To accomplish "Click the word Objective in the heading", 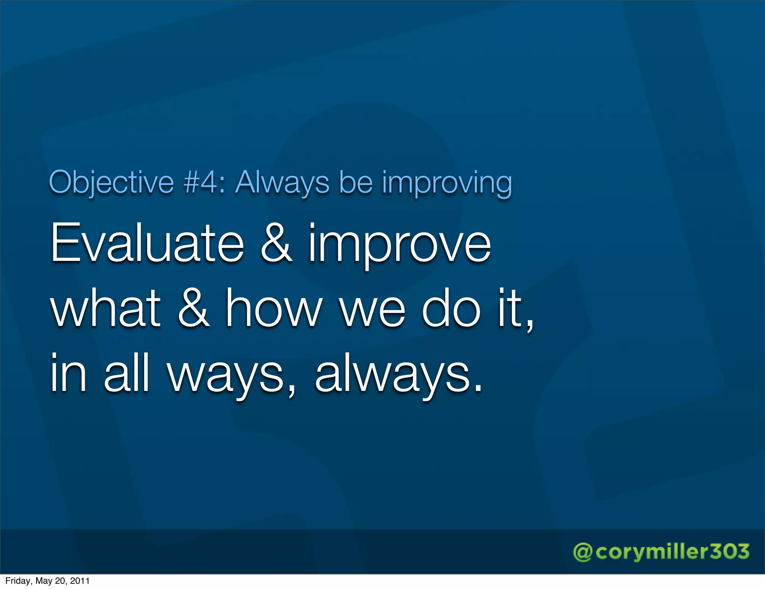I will (111, 182).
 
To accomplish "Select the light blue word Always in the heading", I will (282, 182).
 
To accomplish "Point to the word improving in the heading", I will (447, 182).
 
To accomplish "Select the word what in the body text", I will (106, 308).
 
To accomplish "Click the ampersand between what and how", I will (193, 308).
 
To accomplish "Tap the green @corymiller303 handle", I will (661, 552).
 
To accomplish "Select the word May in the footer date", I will (43, 581).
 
